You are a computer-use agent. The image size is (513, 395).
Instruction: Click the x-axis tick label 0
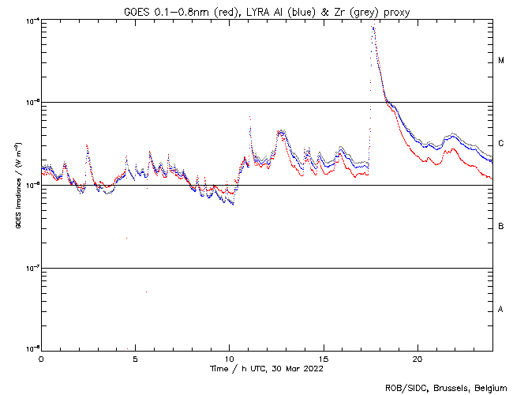[x=41, y=358]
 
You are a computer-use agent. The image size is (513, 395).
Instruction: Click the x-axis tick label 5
[x=135, y=358]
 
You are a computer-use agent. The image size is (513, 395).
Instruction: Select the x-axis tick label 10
[x=229, y=358]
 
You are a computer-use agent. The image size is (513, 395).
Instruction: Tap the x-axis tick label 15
[x=324, y=358]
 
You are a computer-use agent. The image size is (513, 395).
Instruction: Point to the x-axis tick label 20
[x=418, y=358]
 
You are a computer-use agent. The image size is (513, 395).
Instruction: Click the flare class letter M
[x=501, y=61]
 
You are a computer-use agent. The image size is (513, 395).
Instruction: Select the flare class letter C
[x=501, y=144]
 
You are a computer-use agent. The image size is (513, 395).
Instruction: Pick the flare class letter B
[x=501, y=227]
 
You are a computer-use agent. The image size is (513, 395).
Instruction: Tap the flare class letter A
[x=501, y=310]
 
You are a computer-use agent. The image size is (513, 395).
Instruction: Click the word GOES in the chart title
[x=137, y=11]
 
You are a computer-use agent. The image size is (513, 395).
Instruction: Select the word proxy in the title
[x=395, y=11]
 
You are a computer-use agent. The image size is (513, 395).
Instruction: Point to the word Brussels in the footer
[x=451, y=387]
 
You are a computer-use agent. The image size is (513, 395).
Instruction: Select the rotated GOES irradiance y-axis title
[x=17, y=186]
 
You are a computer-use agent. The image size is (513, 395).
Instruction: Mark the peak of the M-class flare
[x=373, y=27]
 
